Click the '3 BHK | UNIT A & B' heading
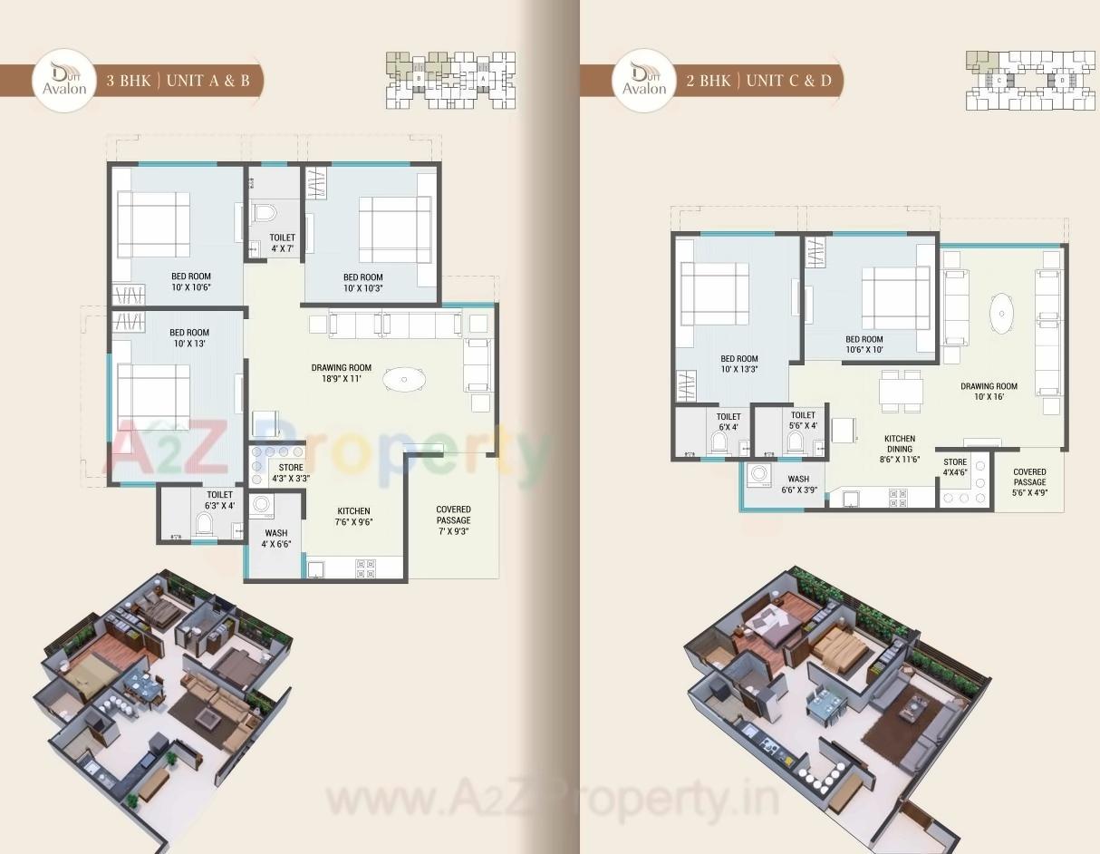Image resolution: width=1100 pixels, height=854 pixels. pos(178,81)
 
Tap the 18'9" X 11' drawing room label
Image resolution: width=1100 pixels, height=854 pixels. pos(342,373)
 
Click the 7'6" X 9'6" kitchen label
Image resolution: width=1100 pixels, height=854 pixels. pos(354,516)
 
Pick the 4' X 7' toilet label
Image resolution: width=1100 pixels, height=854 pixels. pos(282,242)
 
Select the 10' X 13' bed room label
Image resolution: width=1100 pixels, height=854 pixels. pos(189,338)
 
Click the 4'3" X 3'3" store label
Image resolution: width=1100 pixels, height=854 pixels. pos(291,472)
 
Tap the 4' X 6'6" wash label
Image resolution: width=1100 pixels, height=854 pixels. pos(276,539)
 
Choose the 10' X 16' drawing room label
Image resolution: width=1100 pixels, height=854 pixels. pos(989,391)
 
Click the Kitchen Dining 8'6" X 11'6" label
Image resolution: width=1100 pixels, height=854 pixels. pos(900,449)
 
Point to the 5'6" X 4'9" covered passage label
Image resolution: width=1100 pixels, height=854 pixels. pos(1029,477)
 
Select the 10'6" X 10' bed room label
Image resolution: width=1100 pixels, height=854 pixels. pos(864,345)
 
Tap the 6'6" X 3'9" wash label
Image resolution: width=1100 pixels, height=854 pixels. pos(798,484)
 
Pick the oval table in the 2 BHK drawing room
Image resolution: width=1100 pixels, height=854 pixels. pos(1001,315)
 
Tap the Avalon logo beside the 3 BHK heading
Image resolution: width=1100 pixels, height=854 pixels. pos(63,81)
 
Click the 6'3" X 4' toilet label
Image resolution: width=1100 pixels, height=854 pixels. pos(219,500)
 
